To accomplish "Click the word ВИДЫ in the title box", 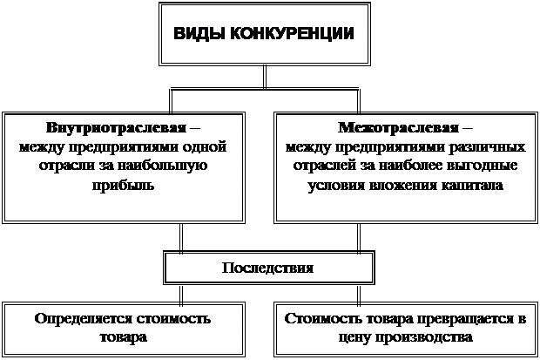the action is [196, 35].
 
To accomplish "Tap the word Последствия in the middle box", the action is [267, 267].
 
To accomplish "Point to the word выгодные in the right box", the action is [481, 166].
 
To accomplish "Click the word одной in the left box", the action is [213, 146].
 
